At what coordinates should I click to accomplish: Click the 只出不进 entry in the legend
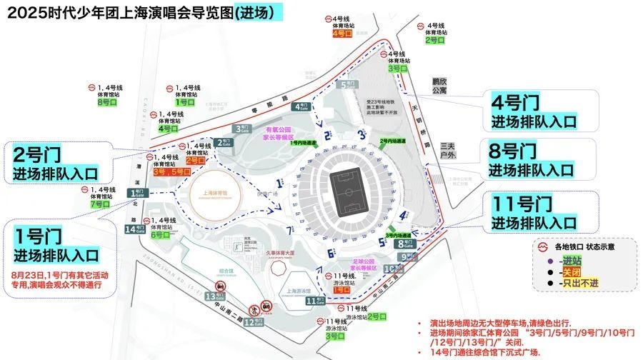coord(581,284)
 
